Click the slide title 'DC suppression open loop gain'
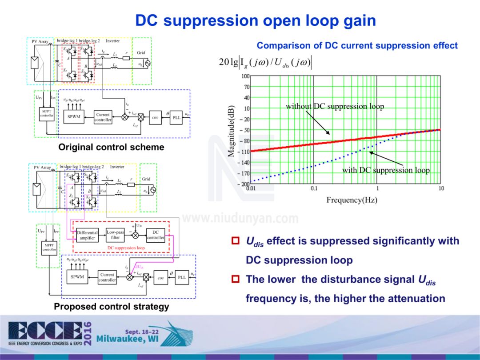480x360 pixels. (256, 20)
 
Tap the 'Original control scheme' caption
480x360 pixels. (112, 147)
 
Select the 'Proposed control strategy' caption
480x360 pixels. (112, 307)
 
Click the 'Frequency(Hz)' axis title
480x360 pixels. (352, 200)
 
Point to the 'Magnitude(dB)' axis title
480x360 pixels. (231, 132)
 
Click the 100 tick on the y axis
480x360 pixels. (245, 76)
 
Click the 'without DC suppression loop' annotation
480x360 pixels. (335, 106)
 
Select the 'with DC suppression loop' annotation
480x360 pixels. (386, 170)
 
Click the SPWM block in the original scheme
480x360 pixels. (73, 117)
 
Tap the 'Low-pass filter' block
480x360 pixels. (115, 235)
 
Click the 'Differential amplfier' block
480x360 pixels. (87, 235)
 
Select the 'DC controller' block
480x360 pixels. (156, 235)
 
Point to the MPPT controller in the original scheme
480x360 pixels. (47, 113)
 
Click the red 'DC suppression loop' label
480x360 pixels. (126, 248)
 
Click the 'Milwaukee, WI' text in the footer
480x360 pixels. (129, 340)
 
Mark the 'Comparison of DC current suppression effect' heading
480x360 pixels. (357, 46)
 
